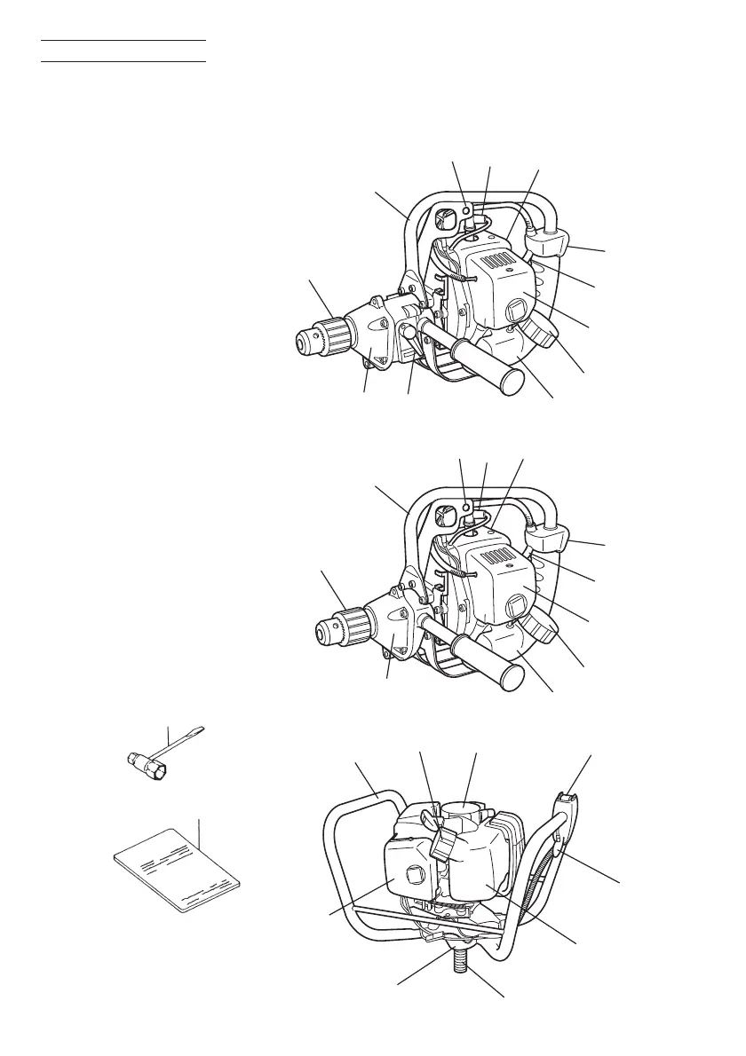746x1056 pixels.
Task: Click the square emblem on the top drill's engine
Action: point(515,311)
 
